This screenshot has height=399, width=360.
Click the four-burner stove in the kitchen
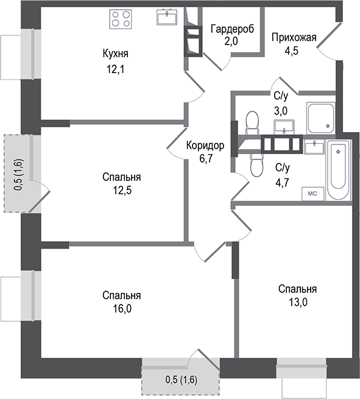(121, 18)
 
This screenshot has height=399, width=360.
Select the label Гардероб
(231, 29)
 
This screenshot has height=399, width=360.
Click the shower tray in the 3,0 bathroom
(320, 118)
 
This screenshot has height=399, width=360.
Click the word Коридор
(205, 146)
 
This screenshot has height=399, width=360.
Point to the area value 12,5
(121, 189)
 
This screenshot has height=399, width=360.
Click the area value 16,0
(121, 308)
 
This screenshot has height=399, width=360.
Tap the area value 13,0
(297, 302)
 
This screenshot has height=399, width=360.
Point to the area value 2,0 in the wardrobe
(231, 41)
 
